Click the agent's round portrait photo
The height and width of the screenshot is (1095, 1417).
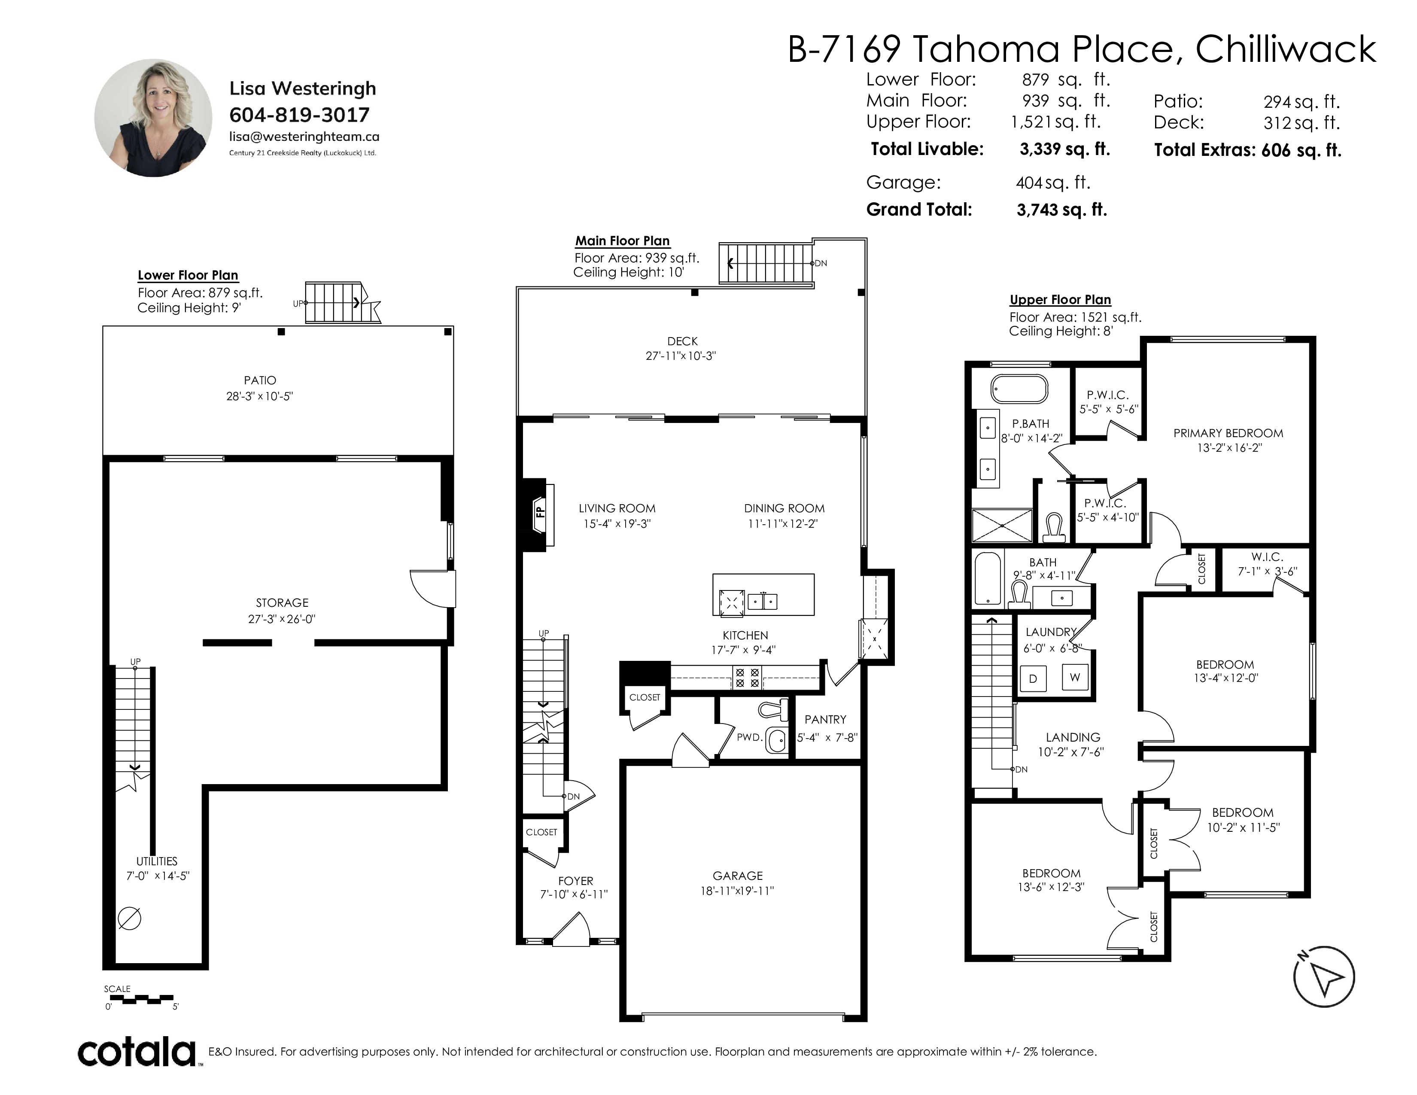point(153,118)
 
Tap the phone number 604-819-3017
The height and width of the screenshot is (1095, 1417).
point(299,115)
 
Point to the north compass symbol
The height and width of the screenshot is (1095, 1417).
point(1323,976)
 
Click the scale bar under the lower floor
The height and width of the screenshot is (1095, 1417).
point(138,998)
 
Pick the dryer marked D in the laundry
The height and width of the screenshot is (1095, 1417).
point(1033,678)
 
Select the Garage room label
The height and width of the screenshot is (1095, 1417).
point(738,876)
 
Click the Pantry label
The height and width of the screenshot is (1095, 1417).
point(825,719)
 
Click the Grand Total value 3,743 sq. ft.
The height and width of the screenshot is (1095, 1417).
point(1062,210)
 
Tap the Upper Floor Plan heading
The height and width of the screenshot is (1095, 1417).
point(1060,300)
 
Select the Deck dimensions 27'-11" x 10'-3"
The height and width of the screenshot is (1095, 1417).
point(681,356)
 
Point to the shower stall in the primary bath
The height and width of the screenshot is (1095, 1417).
point(1001,525)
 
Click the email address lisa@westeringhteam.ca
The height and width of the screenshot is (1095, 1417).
point(304,137)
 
